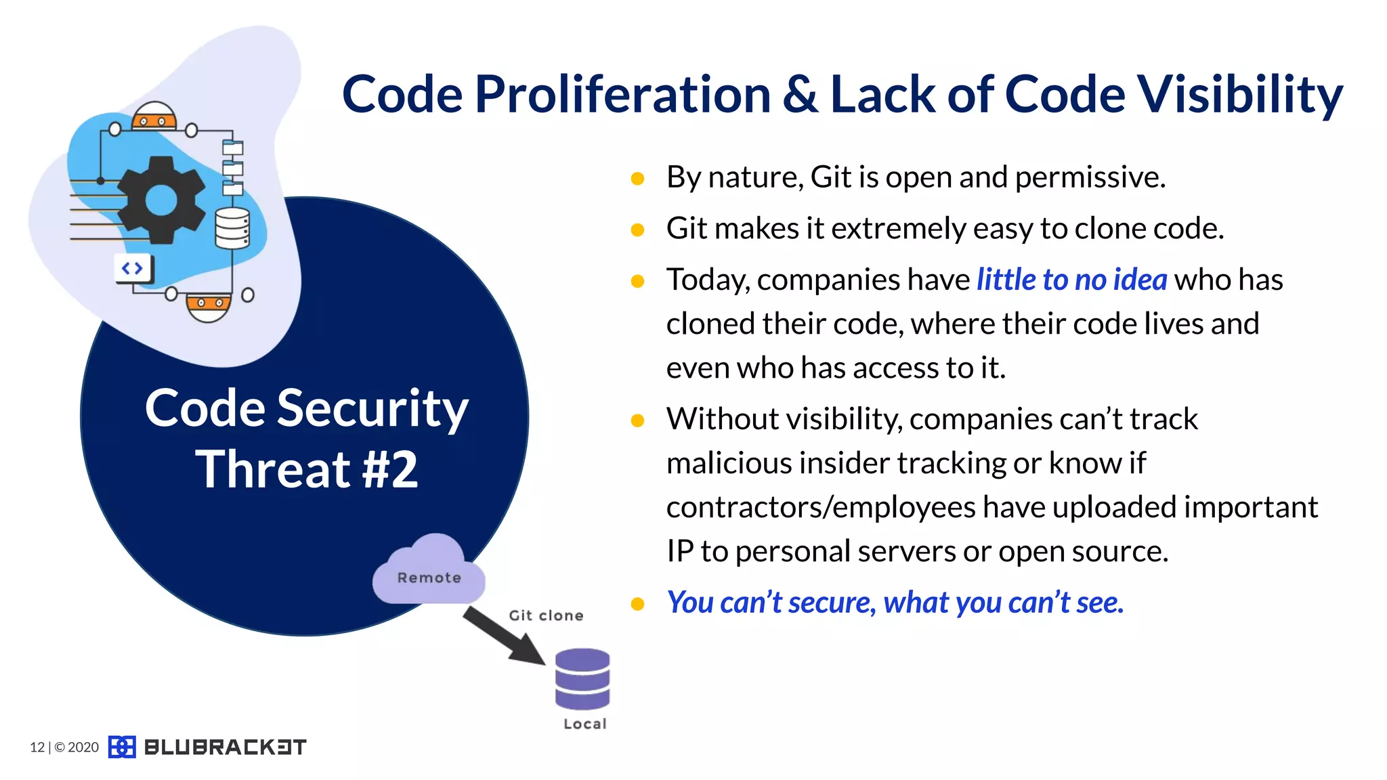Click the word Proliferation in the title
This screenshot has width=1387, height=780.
coord(622,95)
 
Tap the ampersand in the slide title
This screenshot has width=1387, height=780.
coord(801,95)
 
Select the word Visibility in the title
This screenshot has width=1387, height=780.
coord(1239,95)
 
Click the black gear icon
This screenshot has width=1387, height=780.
coord(161,200)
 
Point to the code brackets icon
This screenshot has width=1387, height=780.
coord(133,269)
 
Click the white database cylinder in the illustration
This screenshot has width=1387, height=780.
coord(232,228)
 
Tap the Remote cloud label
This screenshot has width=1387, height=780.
coord(429,578)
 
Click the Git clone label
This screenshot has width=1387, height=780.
coord(546,615)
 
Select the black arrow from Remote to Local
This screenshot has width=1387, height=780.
coord(504,636)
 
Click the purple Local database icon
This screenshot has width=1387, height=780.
coord(582,679)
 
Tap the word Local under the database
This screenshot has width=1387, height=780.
coord(585,724)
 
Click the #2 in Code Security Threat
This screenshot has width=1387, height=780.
coord(390,469)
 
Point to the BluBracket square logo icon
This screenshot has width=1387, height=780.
coord(122,747)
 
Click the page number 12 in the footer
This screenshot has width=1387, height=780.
coord(37,747)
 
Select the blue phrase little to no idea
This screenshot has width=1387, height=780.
coord(1071,280)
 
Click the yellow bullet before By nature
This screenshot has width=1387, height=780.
coord(637,179)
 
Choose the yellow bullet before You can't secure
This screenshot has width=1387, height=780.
coord(637,603)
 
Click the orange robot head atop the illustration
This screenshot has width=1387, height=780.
coord(154,116)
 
